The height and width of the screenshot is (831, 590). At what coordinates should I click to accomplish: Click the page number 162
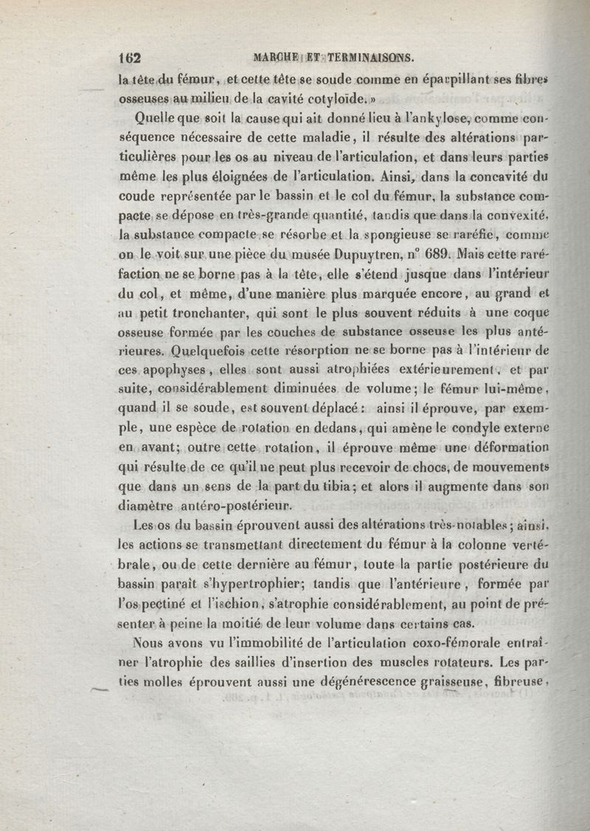click(130, 58)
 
